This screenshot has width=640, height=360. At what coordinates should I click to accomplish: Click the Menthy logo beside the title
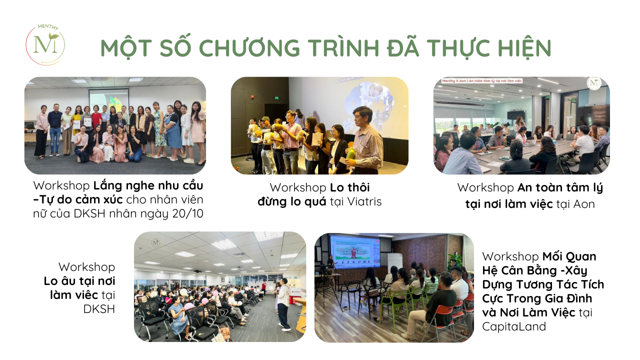click(x=45, y=45)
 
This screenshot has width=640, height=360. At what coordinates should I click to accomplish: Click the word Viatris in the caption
click(x=364, y=201)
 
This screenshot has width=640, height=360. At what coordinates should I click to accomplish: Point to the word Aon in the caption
click(x=584, y=204)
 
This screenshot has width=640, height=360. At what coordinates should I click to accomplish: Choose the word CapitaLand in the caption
click(x=514, y=326)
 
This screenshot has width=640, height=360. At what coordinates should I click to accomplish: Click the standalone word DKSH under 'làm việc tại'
click(x=99, y=309)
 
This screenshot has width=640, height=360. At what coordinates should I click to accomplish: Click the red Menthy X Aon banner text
click(x=482, y=81)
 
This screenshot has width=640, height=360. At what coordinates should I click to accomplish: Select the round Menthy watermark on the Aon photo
click(x=594, y=83)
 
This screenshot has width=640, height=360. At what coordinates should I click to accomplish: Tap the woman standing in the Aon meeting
click(x=520, y=125)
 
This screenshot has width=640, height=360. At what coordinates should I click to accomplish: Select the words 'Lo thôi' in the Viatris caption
click(x=349, y=187)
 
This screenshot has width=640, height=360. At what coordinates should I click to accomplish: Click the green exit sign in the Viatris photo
click(x=277, y=98)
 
